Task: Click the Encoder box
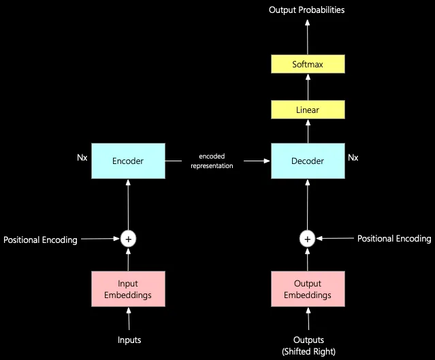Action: click(128, 161)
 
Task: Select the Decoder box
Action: click(308, 161)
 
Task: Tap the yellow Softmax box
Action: click(308, 65)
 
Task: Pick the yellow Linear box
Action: click(308, 110)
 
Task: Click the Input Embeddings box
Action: click(128, 289)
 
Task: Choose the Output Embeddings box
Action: click(308, 289)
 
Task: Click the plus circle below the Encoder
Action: click(128, 238)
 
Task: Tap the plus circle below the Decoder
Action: click(308, 238)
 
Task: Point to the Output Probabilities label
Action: click(306, 10)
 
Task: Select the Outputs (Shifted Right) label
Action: click(308, 345)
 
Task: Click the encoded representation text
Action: click(212, 161)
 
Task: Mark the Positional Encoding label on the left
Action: click(40, 240)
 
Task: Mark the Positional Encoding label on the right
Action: click(394, 238)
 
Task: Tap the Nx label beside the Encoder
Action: click(82, 157)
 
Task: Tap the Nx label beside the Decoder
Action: click(353, 157)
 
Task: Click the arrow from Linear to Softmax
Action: click(308, 87)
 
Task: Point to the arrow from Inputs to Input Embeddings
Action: click(128, 319)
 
